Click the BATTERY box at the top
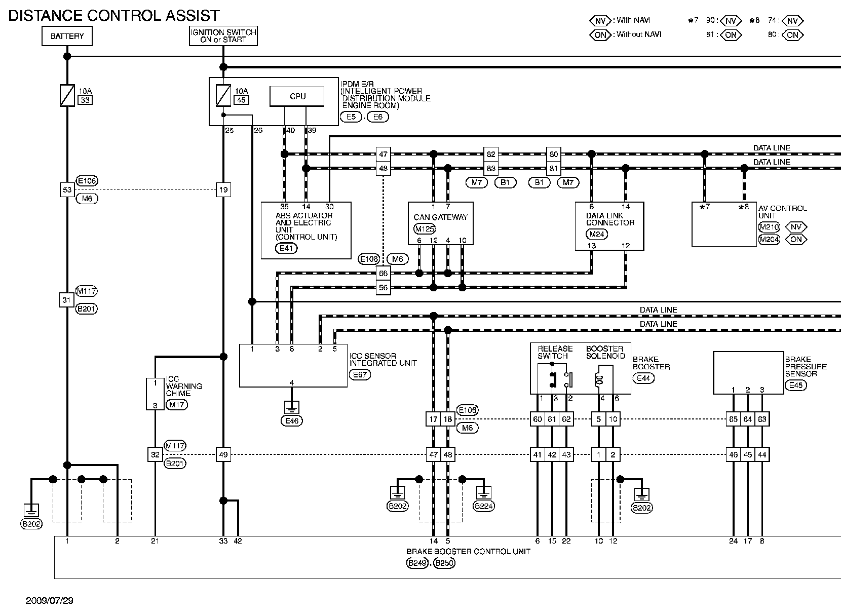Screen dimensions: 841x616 [x=67, y=36]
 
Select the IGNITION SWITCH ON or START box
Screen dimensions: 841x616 [x=223, y=36]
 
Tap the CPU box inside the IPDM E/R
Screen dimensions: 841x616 [x=297, y=96]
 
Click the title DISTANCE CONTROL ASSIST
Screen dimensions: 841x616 [x=114, y=15]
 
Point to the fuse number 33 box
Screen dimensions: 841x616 [x=85, y=100]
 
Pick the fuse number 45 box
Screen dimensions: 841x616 [x=242, y=100]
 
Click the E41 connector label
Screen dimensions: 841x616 [x=286, y=248]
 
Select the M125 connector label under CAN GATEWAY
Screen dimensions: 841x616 [x=424, y=228]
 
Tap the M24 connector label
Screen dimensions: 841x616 [x=597, y=234]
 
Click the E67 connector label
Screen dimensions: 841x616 [x=360, y=375]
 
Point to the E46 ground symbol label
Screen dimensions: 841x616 [x=292, y=421]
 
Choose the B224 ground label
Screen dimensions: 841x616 [x=483, y=507]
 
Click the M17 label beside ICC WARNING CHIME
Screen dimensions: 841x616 [x=176, y=405]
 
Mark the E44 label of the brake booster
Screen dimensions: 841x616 [x=643, y=378]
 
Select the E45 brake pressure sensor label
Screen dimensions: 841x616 [x=796, y=385]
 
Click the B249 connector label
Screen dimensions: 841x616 [x=417, y=563]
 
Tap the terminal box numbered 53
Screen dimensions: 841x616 [x=67, y=190]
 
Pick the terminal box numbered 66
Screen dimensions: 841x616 [x=383, y=273]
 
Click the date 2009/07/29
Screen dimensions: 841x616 [x=49, y=601]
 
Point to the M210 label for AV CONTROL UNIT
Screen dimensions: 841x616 [x=769, y=227]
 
